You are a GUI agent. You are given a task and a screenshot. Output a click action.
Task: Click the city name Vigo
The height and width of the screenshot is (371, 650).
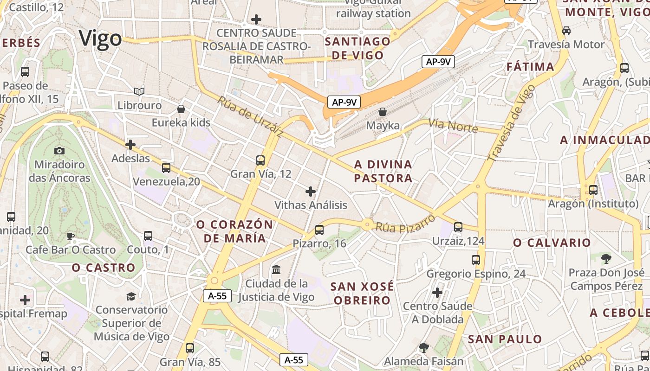100,38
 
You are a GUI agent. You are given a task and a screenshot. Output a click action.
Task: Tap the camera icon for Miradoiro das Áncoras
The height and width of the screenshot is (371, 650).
59,151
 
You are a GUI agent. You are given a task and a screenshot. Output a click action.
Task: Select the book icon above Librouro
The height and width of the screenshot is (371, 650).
139,91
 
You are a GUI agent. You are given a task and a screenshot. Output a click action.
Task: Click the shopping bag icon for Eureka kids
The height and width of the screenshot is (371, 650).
181,109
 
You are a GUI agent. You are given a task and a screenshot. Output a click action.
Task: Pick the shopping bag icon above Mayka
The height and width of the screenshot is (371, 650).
383,112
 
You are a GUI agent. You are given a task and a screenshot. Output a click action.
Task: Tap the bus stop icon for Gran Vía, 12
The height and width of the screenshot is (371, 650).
260,160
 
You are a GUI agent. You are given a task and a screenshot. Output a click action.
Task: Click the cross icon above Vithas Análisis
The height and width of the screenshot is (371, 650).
311,192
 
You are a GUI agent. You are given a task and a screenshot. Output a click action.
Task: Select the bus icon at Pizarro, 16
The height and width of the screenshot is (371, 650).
319,230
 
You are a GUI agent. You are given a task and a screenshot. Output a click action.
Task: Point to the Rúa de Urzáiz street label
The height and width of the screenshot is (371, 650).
250,117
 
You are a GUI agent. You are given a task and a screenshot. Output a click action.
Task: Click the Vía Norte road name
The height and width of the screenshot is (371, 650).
453,125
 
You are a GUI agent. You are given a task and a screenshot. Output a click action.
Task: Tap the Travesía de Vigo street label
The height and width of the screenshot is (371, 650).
511,123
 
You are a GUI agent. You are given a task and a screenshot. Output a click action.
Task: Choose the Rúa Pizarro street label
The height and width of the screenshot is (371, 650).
405,224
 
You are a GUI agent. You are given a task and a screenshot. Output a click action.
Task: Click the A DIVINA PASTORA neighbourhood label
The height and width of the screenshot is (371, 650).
383,171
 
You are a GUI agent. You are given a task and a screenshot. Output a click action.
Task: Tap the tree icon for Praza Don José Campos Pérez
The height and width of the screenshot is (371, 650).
606,259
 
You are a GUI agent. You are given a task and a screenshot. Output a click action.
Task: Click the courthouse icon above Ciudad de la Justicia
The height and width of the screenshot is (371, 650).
276,269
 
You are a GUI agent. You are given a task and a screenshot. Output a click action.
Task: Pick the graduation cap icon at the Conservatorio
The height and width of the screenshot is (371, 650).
131,296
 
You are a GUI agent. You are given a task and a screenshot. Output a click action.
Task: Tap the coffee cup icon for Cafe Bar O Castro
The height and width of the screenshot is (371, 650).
70,236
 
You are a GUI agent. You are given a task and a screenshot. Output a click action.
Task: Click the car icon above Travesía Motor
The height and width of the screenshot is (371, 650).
566,31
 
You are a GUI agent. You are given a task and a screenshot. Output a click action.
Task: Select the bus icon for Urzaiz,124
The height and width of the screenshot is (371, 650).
458,227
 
